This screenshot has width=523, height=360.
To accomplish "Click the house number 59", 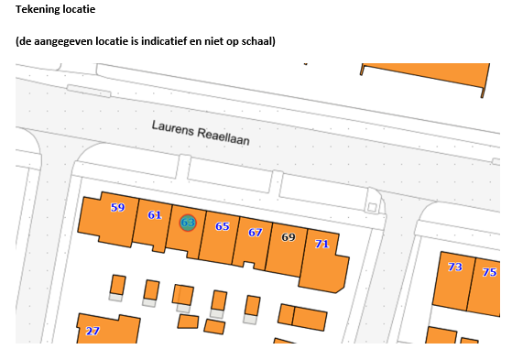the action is click(x=118, y=208).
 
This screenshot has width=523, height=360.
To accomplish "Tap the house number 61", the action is click(x=155, y=215).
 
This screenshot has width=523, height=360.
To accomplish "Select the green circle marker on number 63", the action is click(x=188, y=223).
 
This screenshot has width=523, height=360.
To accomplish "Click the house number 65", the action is click(x=223, y=226).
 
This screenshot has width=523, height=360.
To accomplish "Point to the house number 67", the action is click(x=256, y=233).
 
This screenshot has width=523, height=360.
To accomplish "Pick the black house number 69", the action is click(x=289, y=237).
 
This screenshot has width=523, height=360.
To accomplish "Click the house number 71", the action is click(x=321, y=244).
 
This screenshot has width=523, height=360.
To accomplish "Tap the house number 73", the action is click(x=455, y=267).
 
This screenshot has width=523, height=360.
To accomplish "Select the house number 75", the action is click(x=489, y=272).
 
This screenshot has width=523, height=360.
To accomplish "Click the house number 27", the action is click(x=93, y=331).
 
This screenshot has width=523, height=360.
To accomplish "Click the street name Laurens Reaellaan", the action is click(x=201, y=133).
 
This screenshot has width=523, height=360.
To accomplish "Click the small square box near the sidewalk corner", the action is click(x=372, y=208).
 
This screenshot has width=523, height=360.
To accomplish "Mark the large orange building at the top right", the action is click(x=425, y=76).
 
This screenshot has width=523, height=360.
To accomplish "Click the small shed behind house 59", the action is click(x=118, y=285).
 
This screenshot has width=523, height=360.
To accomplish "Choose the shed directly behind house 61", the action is click(x=151, y=290).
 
